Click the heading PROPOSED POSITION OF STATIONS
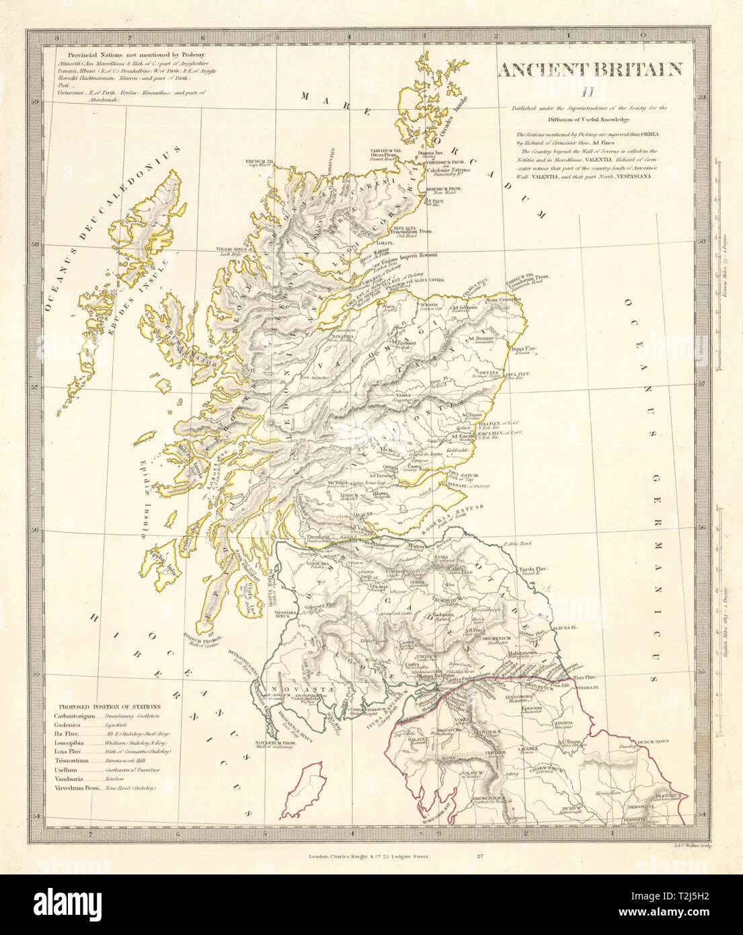coord(109,706)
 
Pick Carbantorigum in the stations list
coord(81,717)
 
